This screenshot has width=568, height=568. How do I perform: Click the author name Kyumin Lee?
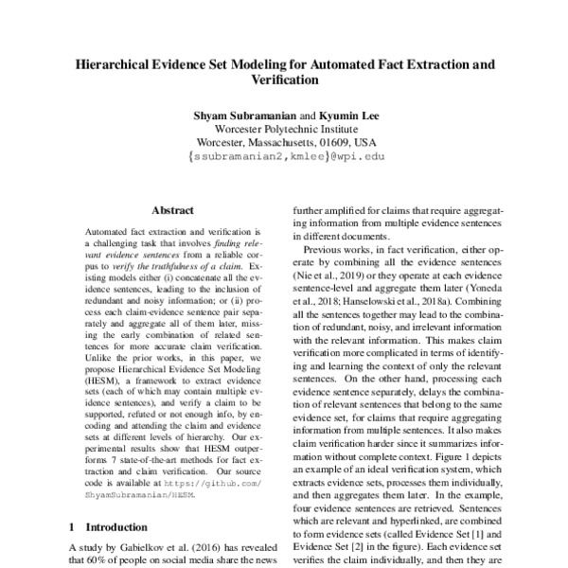(x=352, y=115)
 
